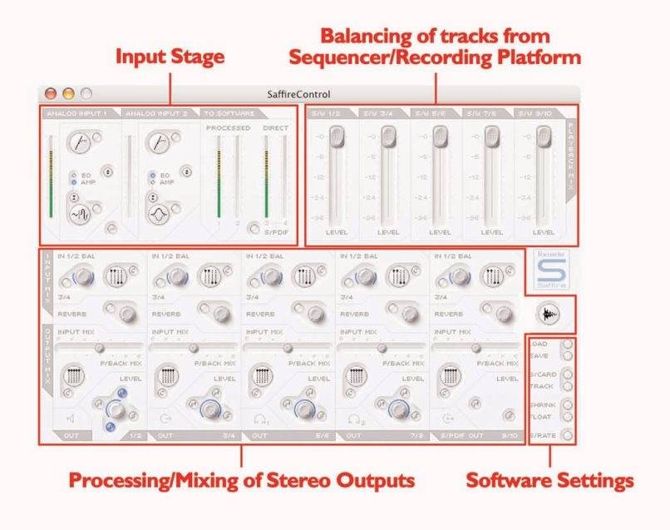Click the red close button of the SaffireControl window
51,94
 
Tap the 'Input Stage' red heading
170,57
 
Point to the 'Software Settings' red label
549,480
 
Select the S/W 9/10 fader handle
544,135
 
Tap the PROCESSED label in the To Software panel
228,128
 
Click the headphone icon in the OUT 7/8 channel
356,419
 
